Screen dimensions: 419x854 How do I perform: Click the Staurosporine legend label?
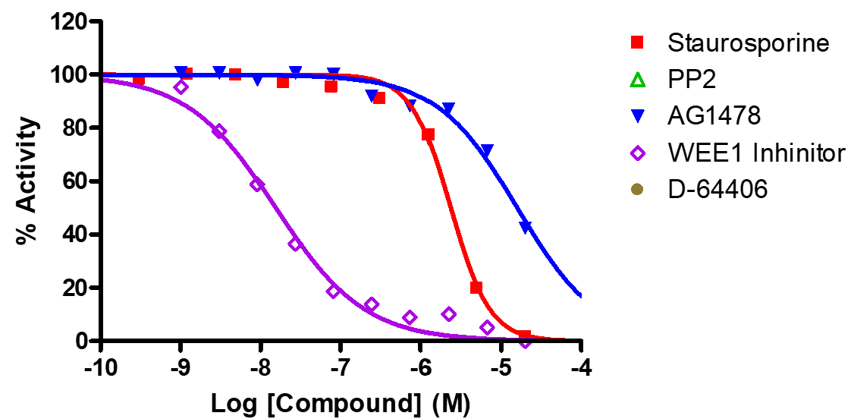[748, 43]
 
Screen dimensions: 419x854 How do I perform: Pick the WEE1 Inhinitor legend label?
[756, 153]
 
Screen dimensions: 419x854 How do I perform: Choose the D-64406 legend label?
[717, 190]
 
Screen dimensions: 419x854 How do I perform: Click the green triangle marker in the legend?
[637, 80]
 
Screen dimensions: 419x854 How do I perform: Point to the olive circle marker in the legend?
[637, 190]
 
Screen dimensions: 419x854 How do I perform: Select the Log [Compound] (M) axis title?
[341, 402]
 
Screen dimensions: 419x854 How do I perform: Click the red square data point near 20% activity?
[476, 288]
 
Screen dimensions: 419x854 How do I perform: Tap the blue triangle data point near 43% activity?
[526, 227]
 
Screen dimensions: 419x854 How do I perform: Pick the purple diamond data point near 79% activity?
[219, 131]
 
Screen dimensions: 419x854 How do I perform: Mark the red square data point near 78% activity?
[429, 134]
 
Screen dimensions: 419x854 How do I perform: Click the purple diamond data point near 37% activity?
[295, 244]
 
